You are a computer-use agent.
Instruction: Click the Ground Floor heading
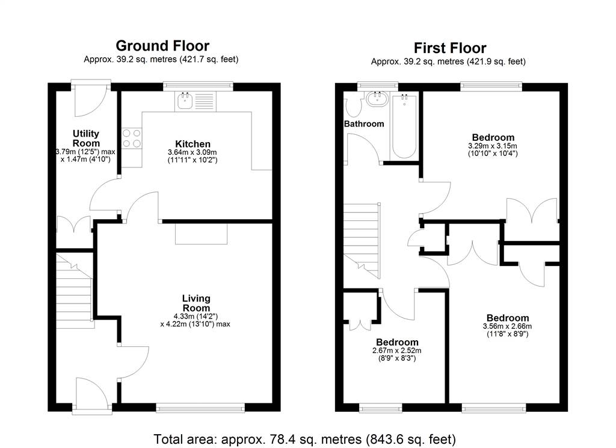pyautogui.click(x=162, y=46)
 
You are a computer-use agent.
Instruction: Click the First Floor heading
pyautogui.click(x=450, y=48)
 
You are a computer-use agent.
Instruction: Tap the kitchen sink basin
pyautogui.click(x=184, y=101)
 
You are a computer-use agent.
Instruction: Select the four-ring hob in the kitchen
pyautogui.click(x=132, y=138)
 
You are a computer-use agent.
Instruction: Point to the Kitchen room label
pyautogui.click(x=192, y=144)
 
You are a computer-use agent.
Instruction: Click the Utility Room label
pyautogui.click(x=86, y=138)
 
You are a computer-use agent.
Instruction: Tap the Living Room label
pyautogui.click(x=196, y=303)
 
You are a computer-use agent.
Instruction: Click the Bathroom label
pyautogui.click(x=364, y=124)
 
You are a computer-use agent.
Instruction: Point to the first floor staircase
pyautogui.click(x=362, y=241)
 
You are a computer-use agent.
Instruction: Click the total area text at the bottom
pyautogui.click(x=305, y=439)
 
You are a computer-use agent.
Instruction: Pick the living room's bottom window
pyautogui.click(x=200, y=408)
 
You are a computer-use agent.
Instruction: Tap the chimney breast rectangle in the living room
pyautogui.click(x=201, y=234)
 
